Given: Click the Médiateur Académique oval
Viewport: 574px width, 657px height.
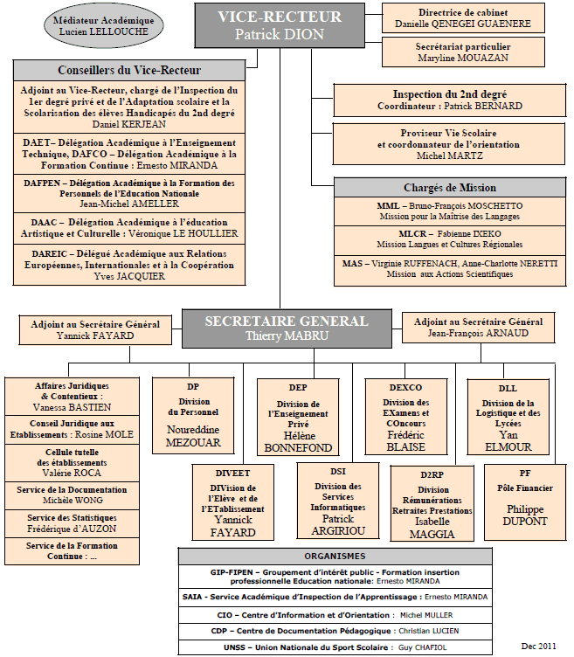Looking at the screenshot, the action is tap(103, 26).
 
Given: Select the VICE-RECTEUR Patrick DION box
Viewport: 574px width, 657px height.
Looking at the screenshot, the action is tap(280, 25).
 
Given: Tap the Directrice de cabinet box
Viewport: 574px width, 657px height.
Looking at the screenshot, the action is tap(463, 18).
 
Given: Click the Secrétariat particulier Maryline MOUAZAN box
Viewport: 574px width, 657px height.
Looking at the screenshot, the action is tap(463, 52).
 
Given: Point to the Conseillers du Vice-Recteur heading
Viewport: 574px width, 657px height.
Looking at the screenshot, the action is tap(129, 70).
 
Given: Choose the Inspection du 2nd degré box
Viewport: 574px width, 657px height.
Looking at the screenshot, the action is tap(450, 100).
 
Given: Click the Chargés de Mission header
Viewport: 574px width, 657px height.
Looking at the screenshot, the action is tap(450, 187).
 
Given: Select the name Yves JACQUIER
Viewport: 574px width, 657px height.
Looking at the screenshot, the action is tap(129, 276).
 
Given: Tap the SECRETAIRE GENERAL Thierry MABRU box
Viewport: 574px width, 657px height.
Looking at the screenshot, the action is tap(287, 328).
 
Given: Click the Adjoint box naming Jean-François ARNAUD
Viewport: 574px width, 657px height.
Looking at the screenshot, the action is tap(479, 328).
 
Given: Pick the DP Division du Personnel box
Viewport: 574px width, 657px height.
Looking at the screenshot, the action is tap(193, 416).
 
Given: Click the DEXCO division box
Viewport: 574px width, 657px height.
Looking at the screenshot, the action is tap(406, 417).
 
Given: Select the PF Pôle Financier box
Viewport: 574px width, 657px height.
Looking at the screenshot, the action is tap(525, 502).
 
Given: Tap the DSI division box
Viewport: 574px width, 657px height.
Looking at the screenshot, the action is tap(338, 501).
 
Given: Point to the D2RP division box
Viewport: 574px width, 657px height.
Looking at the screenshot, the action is tap(432, 503).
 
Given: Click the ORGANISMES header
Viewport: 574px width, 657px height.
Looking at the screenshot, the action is tap(335, 556).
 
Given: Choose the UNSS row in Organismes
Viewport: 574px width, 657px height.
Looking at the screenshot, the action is tap(335, 647).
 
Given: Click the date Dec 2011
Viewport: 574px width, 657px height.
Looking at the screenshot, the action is tap(539, 647).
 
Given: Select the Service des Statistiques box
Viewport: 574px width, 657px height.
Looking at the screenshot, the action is tap(72, 523).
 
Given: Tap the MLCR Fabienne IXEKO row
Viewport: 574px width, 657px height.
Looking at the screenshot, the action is tap(450, 239).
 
